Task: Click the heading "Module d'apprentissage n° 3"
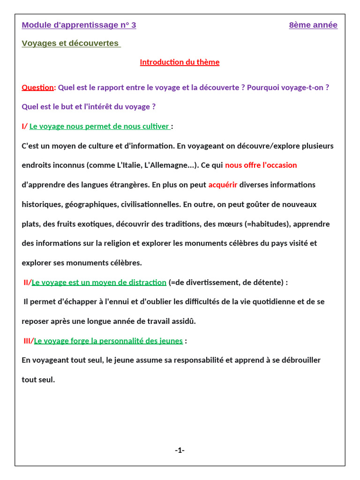click(79, 25)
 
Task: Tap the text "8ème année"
click(313, 25)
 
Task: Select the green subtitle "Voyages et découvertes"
click(70, 43)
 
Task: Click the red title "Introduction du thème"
click(180, 62)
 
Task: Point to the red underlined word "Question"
click(37, 87)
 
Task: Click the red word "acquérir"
click(223, 185)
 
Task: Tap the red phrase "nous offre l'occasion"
click(261, 165)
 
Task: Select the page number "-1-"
click(180, 450)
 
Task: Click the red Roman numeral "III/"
click(29, 341)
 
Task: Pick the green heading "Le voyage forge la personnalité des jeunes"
click(108, 341)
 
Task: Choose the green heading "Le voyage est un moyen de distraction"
click(99, 282)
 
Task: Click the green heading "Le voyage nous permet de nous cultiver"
click(99, 126)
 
